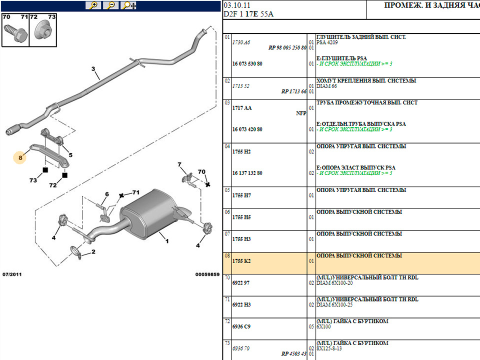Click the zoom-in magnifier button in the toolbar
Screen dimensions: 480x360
point(93,5)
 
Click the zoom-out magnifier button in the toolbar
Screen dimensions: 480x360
point(111,5)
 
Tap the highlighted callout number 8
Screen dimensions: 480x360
point(20,157)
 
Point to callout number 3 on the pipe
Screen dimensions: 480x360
point(93,69)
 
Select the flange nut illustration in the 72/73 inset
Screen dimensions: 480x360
point(43,30)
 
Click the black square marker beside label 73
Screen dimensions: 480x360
point(45,170)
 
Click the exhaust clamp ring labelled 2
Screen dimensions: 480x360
point(76,251)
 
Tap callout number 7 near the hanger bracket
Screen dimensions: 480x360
point(179,164)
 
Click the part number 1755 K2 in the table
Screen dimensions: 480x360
point(241,261)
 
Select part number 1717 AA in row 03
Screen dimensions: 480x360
point(242,108)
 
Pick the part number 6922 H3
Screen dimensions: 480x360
point(241,304)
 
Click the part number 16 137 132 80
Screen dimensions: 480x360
point(247,173)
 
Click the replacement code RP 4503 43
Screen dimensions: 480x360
point(293,354)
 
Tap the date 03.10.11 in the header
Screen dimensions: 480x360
point(237,5)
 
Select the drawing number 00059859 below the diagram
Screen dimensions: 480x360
point(207,274)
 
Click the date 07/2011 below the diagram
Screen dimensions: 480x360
point(12,274)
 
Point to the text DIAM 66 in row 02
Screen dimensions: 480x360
point(326,86)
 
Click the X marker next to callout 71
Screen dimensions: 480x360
point(121,195)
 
